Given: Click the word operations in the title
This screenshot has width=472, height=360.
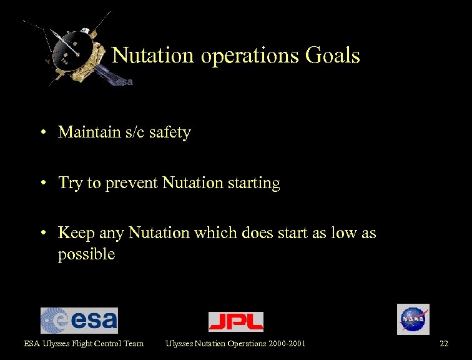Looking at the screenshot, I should pos(250,56).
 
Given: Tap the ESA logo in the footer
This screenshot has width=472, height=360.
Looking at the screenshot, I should pos(79,321).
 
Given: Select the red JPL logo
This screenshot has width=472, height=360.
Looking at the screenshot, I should pos(235,321).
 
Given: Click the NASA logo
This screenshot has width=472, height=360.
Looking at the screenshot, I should pos(413,319).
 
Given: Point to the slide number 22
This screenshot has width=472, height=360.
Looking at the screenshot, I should pos(443,343).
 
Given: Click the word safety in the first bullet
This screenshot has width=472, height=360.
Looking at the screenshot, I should pos(170,132).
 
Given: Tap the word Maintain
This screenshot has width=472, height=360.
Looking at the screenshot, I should pos(86,132).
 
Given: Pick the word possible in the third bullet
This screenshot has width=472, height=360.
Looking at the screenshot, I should pos(86,254).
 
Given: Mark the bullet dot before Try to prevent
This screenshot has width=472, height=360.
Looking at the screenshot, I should pos(46,183).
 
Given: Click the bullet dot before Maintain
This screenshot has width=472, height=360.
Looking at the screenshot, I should pos(46,132).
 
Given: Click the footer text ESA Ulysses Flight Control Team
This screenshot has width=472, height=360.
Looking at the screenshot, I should pos(84,343).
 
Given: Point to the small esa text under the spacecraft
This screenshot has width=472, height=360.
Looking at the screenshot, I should pos(124,82).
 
